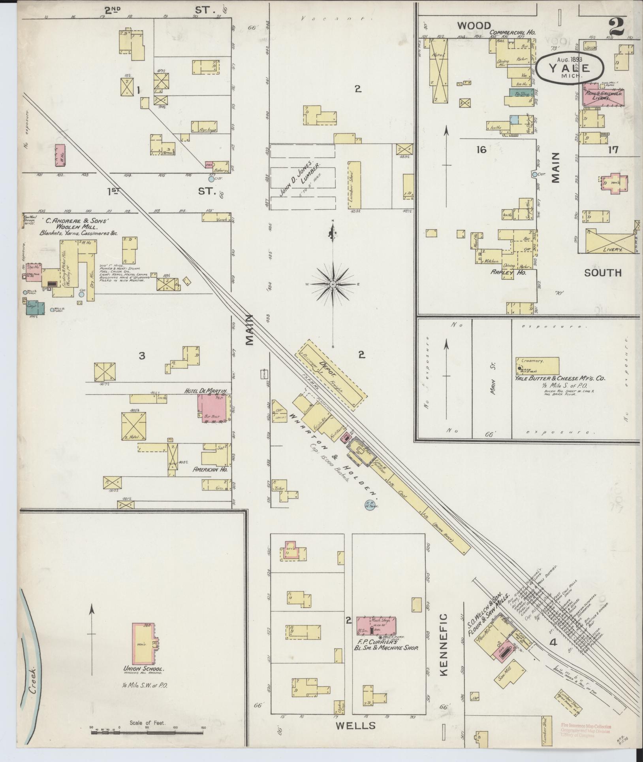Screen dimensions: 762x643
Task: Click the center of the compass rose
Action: pyautogui.click(x=333, y=284)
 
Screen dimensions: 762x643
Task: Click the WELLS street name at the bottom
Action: pyautogui.click(x=355, y=726)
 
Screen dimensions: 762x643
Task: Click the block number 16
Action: pyautogui.click(x=481, y=150)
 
